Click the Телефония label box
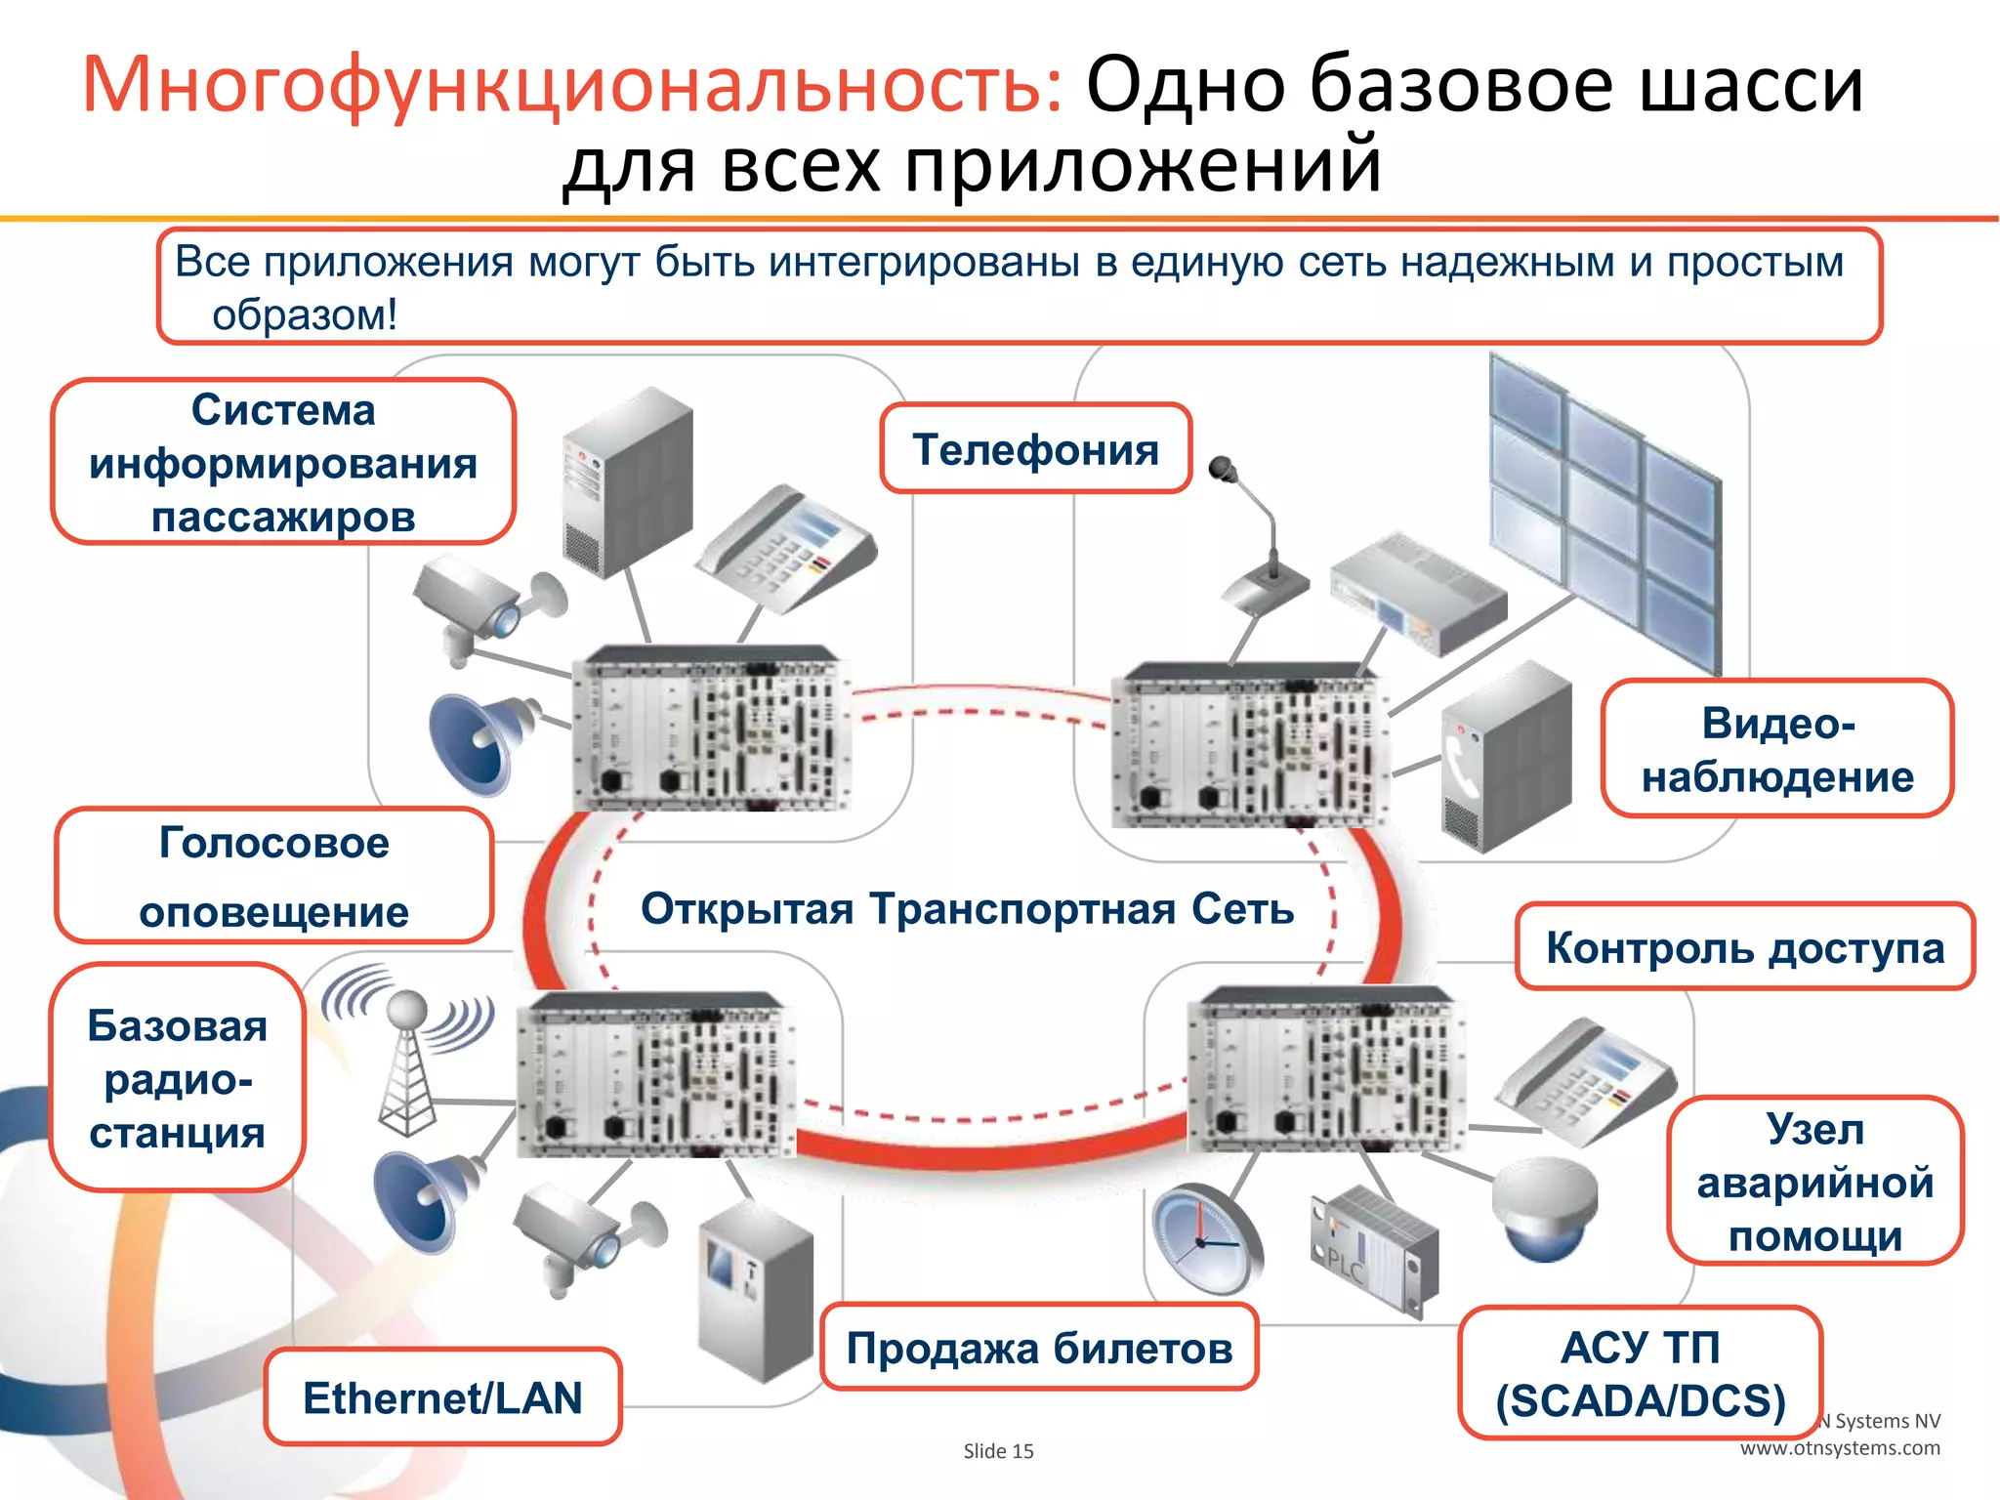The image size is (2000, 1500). (1035, 449)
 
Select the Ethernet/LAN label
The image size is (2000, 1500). (442, 1397)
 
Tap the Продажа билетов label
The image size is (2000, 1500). (1039, 1348)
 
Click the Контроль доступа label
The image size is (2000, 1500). (1744, 947)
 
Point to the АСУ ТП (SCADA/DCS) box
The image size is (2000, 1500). (1640, 1373)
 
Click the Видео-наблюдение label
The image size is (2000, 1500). (1776, 749)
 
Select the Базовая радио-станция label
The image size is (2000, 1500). (177, 1078)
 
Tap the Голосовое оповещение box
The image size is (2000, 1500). (273, 876)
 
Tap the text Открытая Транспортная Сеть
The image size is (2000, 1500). (967, 909)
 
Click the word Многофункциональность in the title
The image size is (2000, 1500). (572, 86)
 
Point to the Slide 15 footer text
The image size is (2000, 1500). (998, 1451)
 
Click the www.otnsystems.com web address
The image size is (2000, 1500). (1840, 1448)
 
